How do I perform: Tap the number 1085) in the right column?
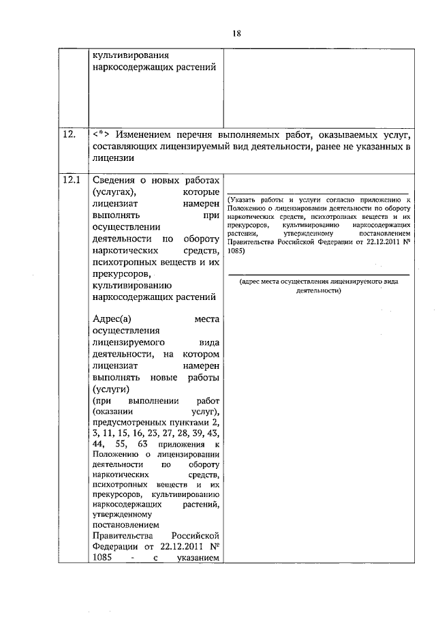tap(238, 250)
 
